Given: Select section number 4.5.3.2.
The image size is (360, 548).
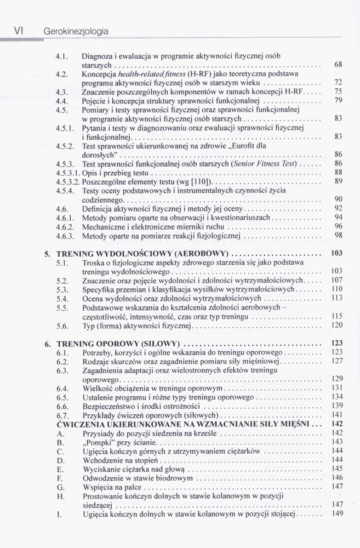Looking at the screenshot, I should [67, 181].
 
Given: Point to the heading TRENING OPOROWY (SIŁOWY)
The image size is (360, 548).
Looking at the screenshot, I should [118, 344].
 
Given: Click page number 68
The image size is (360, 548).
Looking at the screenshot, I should [338, 65].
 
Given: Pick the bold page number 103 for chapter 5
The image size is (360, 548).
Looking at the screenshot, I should [336, 254].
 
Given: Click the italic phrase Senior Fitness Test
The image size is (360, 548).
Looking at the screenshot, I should [265, 163].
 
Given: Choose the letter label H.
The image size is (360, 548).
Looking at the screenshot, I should [60, 495].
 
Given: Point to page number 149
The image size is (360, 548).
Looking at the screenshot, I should [337, 513].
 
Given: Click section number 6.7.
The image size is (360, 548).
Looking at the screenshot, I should [62, 415].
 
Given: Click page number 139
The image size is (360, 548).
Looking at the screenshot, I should [337, 406].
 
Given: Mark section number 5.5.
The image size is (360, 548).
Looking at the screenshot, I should [62, 307].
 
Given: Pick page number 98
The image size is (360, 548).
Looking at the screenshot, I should [338, 236].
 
